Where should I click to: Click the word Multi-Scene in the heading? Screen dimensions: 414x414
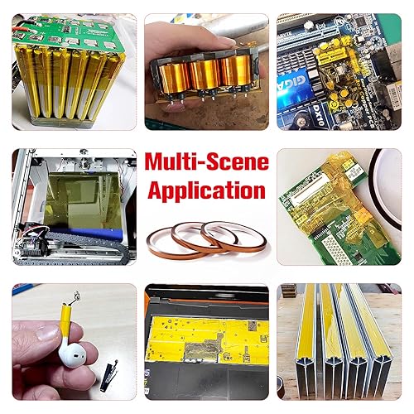pyautogui.click(x=207, y=161)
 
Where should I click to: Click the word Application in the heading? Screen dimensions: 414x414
pyautogui.click(x=207, y=190)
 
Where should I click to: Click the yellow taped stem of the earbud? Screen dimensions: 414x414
pyautogui.click(x=67, y=320)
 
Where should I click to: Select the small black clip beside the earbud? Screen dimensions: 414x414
pyautogui.click(x=109, y=374)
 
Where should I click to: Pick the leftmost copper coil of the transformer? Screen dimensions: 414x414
pyautogui.click(x=175, y=78)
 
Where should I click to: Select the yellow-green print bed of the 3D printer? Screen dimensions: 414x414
pyautogui.click(x=83, y=200)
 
